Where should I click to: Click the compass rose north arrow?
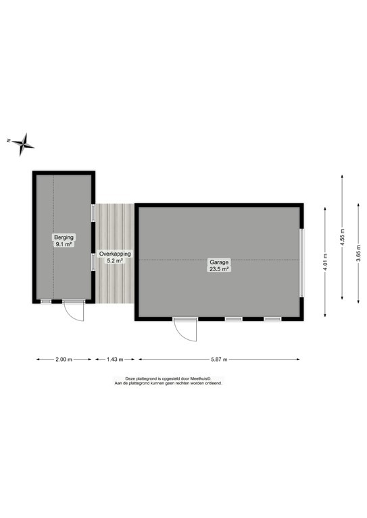coord(24,143)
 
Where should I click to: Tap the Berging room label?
coord(64,237)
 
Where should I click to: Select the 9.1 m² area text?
coord(64,245)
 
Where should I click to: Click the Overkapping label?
coord(115,254)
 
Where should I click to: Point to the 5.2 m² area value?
coord(115,260)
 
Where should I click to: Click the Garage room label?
coord(218,262)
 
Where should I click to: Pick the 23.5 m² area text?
coord(218,268)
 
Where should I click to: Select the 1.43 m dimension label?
coord(115,359)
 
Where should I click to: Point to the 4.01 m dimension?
coord(325,260)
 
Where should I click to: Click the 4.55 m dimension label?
coord(343,237)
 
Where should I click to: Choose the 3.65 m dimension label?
coord(358,260)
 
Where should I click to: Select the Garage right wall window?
coord(303,262)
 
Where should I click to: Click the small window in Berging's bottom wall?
coord(46,301)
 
